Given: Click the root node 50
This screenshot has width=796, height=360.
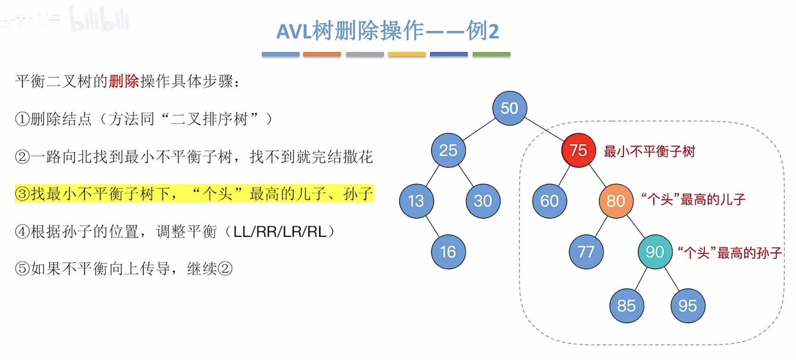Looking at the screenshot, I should point(510,108).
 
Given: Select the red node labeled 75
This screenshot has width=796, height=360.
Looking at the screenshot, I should point(578,150).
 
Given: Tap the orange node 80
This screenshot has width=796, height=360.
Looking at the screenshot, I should point(616,201).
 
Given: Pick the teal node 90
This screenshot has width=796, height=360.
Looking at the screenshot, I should point(655,252).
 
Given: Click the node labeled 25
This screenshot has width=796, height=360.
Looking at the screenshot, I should point(448,150).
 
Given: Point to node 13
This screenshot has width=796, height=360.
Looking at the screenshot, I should point(416,201).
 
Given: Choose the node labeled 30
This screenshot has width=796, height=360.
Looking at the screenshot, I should point(483,201).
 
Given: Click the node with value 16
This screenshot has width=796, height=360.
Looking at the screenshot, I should point(448,252).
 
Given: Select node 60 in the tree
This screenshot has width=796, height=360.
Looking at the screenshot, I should point(550,201).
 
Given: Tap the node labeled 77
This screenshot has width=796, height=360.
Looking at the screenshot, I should point(586,252).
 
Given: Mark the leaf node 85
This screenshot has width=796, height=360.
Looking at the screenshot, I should point(626,306).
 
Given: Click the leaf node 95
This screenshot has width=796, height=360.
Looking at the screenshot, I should point(687,306).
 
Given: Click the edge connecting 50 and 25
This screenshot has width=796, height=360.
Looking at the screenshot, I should point(479,129).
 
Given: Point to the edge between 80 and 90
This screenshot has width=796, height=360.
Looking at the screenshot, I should point(636,227).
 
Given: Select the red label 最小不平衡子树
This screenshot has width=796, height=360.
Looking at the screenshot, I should point(649,151).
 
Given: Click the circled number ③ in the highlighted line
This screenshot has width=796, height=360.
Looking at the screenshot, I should point(23,194).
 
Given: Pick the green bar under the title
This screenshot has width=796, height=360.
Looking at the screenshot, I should point(491,55).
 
